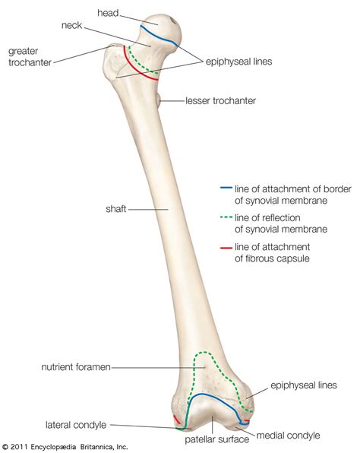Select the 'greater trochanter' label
(30, 57)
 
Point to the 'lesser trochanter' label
(221, 100)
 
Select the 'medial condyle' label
(288, 436)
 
